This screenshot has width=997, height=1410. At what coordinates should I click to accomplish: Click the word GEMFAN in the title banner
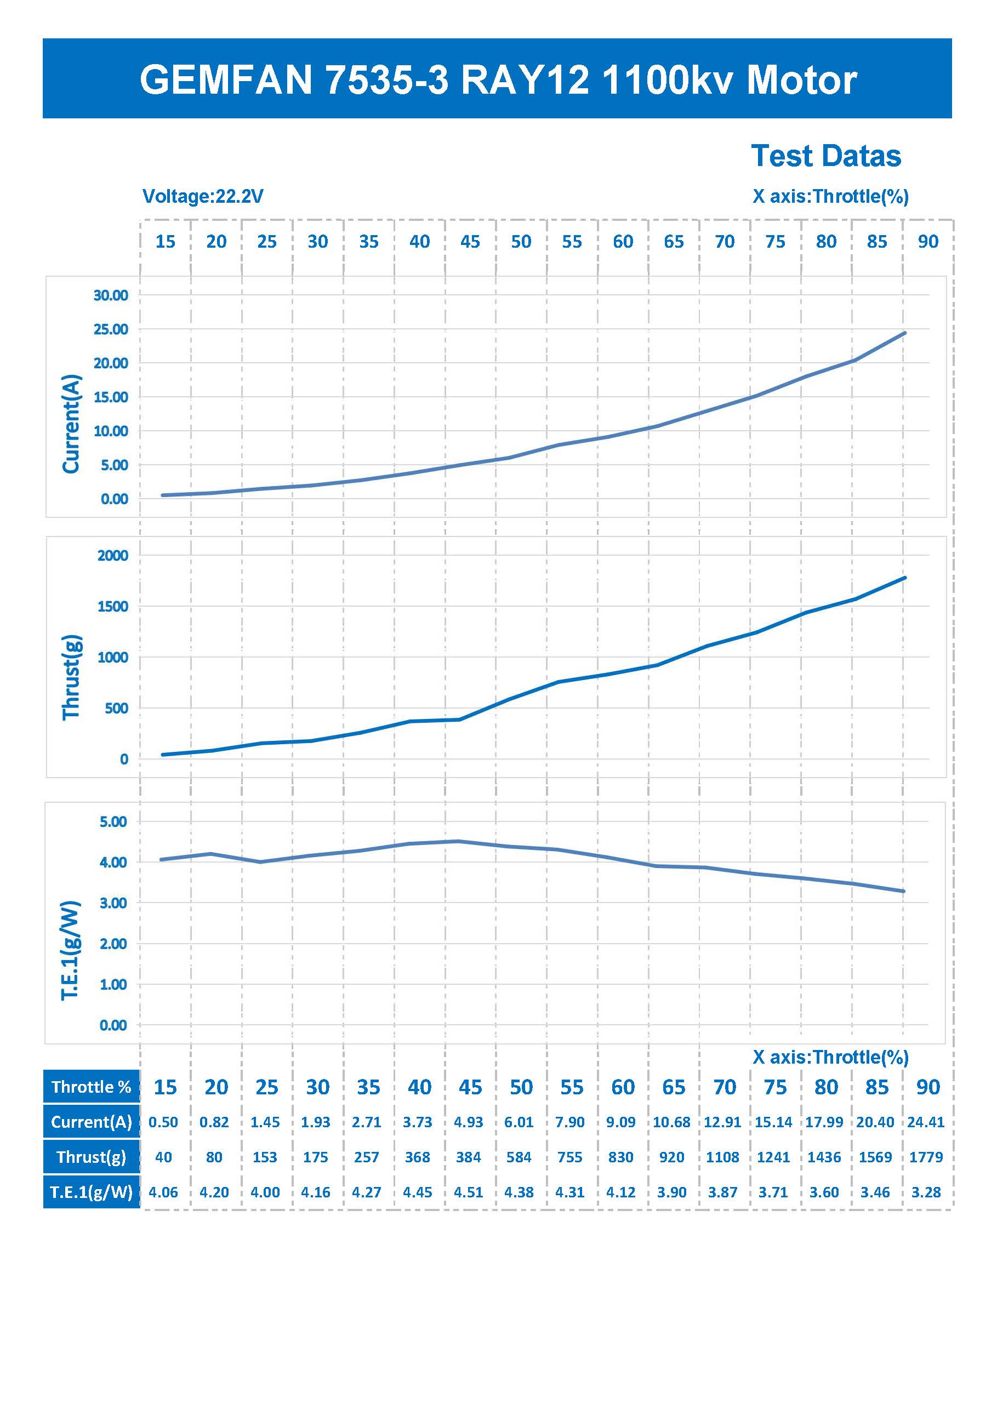click(x=226, y=80)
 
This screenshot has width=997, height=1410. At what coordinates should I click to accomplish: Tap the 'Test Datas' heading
click(x=825, y=156)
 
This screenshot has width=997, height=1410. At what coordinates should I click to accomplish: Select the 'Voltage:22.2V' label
click(x=203, y=197)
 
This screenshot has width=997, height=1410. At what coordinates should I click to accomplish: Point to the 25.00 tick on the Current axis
click(x=111, y=329)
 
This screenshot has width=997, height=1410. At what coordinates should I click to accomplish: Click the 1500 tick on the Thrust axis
click(x=112, y=607)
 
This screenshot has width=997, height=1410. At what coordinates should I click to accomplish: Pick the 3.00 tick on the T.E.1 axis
click(x=113, y=903)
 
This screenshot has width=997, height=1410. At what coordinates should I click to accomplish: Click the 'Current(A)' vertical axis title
click(x=71, y=424)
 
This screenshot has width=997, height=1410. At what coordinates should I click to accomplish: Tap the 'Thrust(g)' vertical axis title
click(x=71, y=677)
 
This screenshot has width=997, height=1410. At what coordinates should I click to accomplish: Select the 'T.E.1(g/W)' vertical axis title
click(x=70, y=950)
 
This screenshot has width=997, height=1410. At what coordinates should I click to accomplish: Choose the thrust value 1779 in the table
click(x=926, y=1157)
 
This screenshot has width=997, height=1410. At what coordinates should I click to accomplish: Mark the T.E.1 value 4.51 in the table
click(x=468, y=1192)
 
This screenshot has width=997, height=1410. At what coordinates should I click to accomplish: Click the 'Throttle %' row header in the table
click(x=92, y=1087)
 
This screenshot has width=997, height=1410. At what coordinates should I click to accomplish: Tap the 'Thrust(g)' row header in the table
click(x=92, y=1157)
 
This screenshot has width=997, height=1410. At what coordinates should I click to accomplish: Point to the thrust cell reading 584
click(x=519, y=1157)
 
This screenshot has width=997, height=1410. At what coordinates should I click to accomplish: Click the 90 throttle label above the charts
click(x=927, y=242)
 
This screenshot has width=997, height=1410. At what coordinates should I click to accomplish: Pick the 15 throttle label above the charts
click(x=165, y=242)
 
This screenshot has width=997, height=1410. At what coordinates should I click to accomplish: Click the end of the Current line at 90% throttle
click(x=905, y=333)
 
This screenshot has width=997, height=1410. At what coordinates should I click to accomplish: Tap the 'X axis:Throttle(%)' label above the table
click(x=830, y=1057)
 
